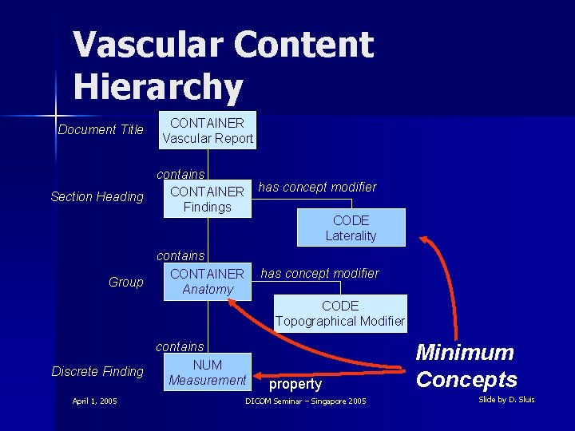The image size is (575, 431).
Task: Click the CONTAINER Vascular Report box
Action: click(208, 130)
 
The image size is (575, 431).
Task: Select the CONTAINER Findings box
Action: click(208, 199)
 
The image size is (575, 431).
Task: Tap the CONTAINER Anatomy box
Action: click(208, 281)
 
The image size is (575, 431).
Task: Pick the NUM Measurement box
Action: click(208, 373)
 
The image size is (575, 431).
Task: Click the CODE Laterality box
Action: click(351, 227)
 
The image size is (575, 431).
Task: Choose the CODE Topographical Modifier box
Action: click(340, 313)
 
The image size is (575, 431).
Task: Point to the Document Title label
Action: click(101, 129)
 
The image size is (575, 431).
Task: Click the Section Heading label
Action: click(97, 196)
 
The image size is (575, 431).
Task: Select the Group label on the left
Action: click(126, 282)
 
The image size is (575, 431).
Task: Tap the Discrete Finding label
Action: click(97, 371)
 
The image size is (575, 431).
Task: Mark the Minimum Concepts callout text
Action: click(466, 366)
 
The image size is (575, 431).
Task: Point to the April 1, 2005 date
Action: click(94, 401)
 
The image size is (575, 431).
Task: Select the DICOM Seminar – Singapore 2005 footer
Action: click(306, 401)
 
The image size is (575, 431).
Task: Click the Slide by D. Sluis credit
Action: click(506, 399)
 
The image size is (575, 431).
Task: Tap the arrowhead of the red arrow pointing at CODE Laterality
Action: click(426, 239)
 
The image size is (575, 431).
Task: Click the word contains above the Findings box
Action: click(180, 174)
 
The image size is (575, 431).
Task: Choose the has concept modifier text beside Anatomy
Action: click(319, 273)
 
